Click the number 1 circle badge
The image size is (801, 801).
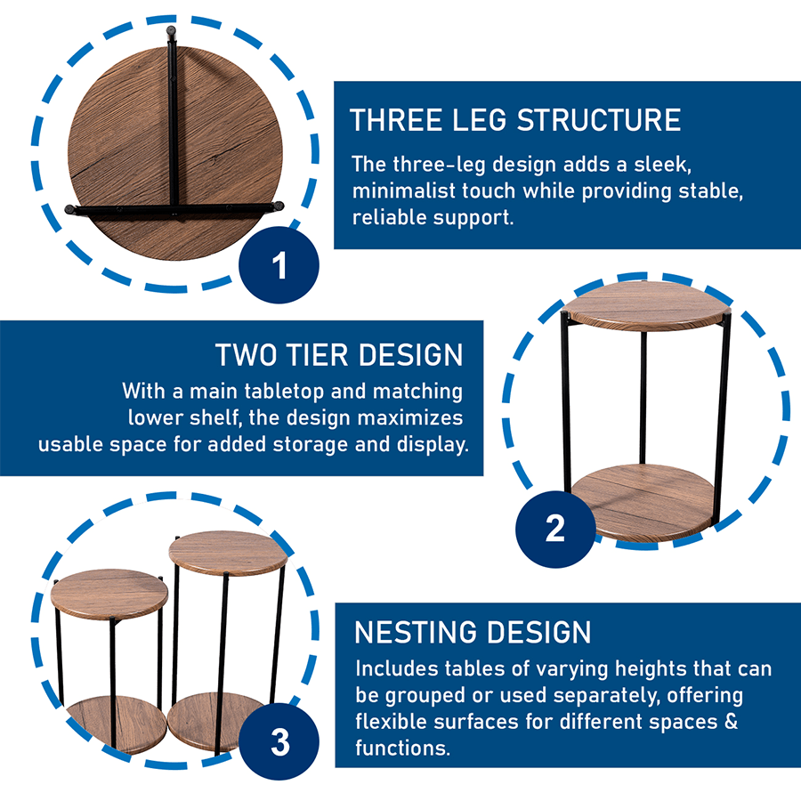point(279,264)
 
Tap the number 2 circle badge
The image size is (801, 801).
point(555,529)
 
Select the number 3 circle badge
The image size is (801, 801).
point(279,741)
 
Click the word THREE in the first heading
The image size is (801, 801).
point(396,120)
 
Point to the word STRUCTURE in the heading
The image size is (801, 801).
point(599,120)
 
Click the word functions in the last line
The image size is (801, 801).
point(402,748)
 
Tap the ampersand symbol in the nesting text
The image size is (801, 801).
point(731,721)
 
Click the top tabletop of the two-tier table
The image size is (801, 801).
point(646,305)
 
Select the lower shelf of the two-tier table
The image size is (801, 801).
point(643,502)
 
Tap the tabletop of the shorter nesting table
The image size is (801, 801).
point(109,593)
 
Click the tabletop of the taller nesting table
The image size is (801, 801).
point(228,552)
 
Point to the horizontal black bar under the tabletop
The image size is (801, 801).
point(174,209)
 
